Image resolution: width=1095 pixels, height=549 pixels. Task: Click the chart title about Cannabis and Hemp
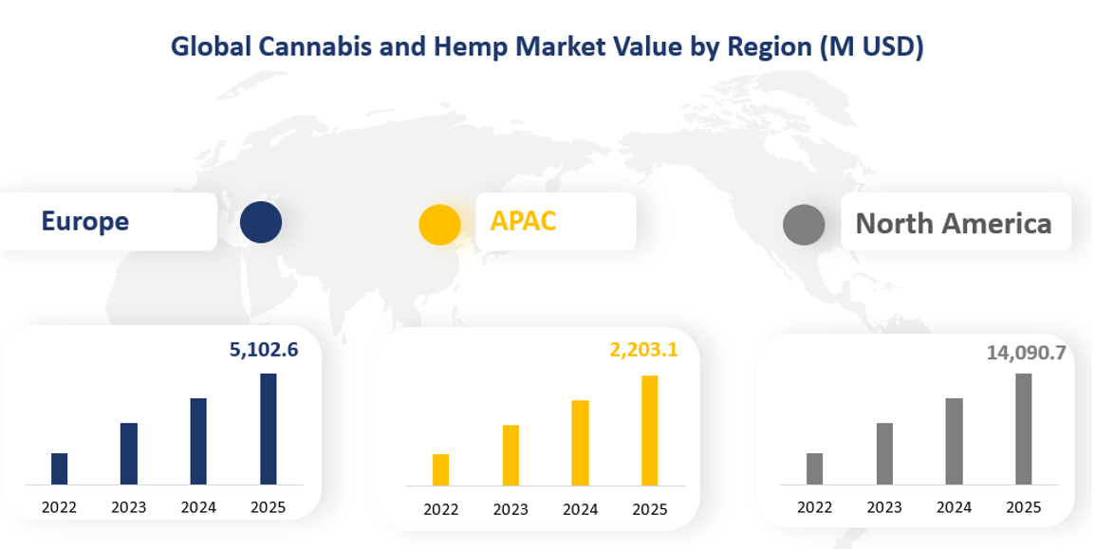tap(547, 46)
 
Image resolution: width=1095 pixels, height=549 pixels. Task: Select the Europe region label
tap(85, 222)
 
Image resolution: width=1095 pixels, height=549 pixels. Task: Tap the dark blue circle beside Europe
tap(261, 222)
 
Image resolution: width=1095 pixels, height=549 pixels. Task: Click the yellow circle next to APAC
tap(439, 225)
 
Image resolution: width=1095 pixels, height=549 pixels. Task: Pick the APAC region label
tap(523, 221)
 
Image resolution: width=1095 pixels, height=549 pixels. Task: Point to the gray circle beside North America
tap(804, 225)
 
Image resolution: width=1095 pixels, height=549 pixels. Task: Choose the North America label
tap(953, 224)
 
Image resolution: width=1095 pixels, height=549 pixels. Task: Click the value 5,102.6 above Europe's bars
tap(264, 350)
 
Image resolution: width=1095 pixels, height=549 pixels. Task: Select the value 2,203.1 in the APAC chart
tap(643, 351)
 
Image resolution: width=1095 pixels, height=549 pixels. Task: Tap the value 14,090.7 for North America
tap(1026, 354)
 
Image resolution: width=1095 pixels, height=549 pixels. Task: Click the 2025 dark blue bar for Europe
tap(269, 429)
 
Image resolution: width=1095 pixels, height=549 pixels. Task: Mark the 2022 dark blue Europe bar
tap(59, 468)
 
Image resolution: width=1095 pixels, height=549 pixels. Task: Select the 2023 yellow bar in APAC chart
tap(510, 455)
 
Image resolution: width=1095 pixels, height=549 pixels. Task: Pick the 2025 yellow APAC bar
tap(650, 430)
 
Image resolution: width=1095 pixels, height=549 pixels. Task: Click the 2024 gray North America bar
tap(954, 442)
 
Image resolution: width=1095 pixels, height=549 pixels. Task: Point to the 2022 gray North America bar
tap(814, 468)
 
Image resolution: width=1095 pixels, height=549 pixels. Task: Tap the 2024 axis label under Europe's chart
tap(198, 507)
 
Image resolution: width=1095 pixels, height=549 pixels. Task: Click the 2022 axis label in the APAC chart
tap(440, 510)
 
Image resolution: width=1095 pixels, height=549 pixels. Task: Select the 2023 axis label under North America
tap(883, 507)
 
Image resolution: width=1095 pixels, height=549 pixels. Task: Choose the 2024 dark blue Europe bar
tap(198, 441)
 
